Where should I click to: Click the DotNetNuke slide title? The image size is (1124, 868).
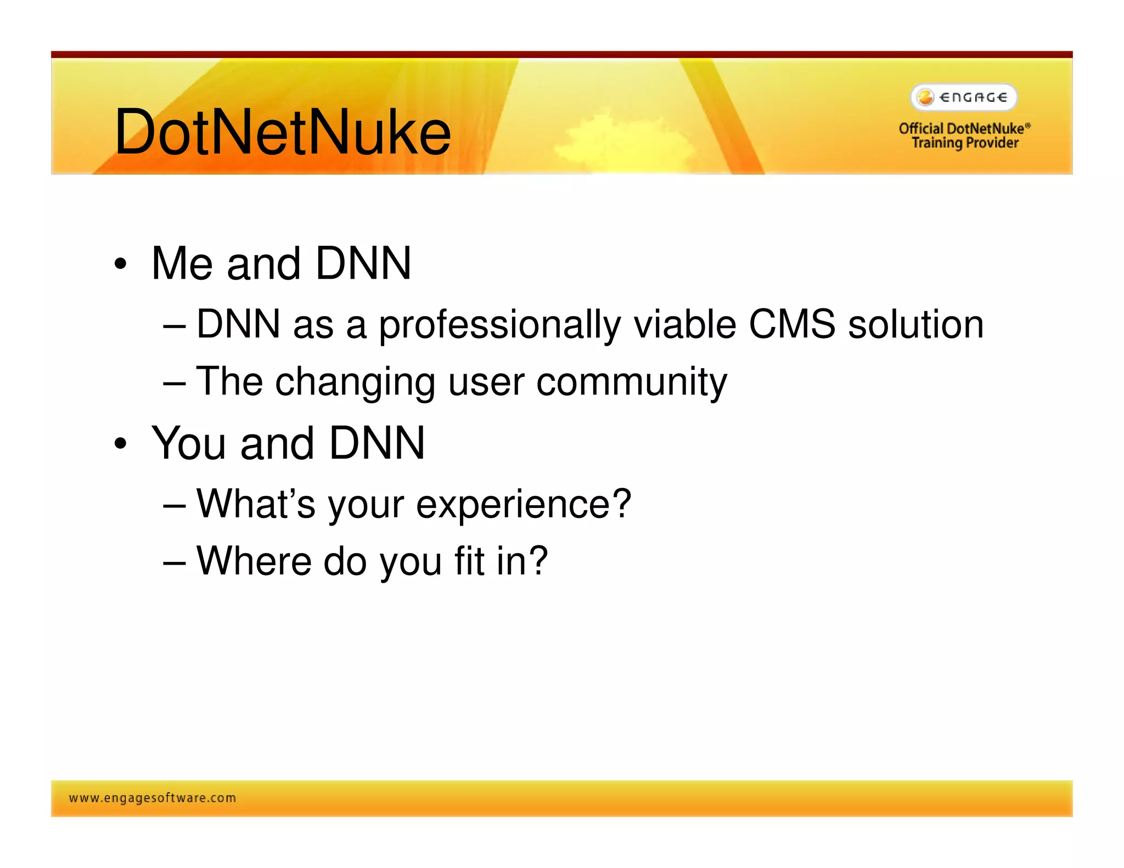click(x=282, y=132)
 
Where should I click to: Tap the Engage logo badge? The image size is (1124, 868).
click(x=963, y=97)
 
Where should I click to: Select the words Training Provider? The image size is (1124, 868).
click(x=964, y=143)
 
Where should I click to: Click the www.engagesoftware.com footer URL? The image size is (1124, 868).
click(x=152, y=798)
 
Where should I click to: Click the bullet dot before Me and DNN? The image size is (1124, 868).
click(x=120, y=264)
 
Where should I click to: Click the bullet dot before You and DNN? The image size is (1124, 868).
click(x=120, y=443)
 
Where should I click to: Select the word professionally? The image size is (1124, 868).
click(x=499, y=325)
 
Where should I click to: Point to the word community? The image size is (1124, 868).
click(x=631, y=382)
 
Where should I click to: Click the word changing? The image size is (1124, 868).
click(x=355, y=382)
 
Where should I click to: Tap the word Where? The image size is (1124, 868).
click(x=255, y=561)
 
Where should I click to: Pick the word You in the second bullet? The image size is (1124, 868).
click(x=189, y=443)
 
